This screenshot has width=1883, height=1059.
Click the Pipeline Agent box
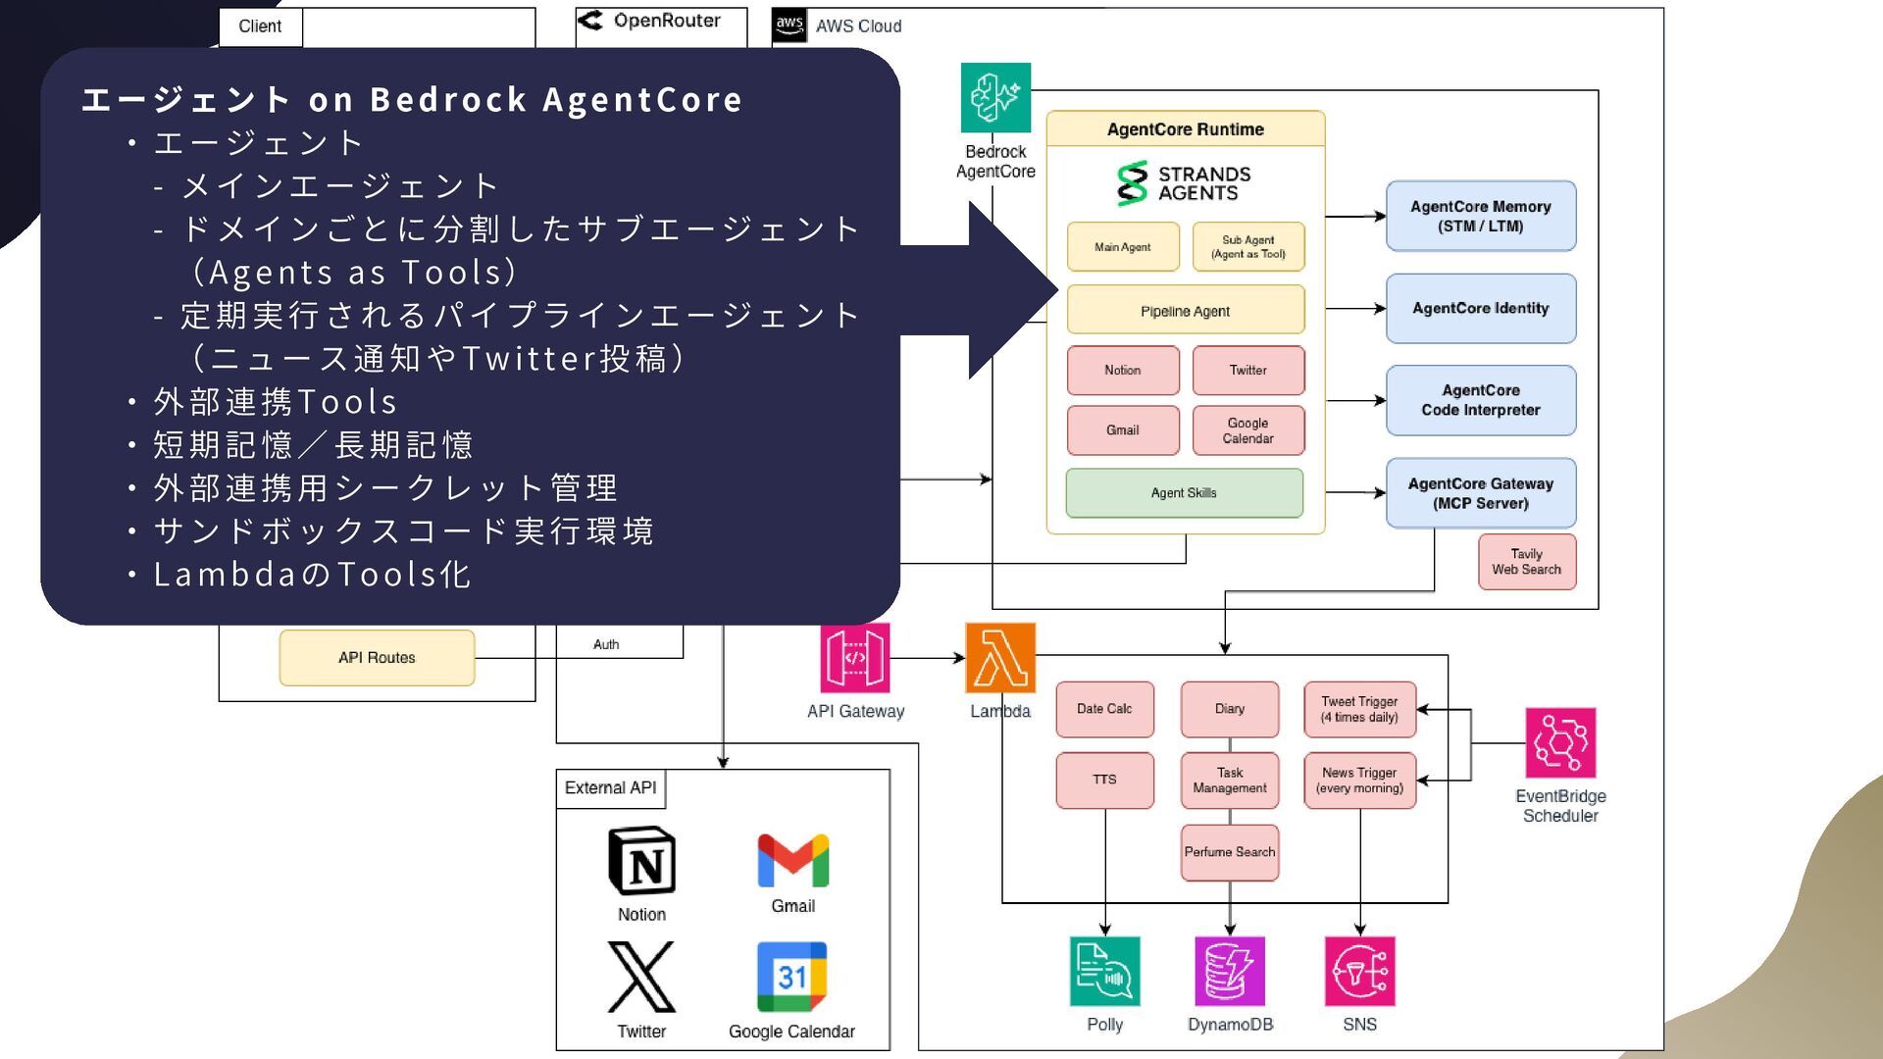pos(1185,310)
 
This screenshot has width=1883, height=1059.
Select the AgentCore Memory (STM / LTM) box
pos(1480,216)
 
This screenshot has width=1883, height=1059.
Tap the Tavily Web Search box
pos(1526,562)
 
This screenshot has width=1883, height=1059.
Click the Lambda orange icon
pos(999,658)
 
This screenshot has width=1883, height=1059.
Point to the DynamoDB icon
pos(1230,971)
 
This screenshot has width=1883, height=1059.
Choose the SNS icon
pos(1359,971)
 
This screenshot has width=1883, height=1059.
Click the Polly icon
pos(1104,971)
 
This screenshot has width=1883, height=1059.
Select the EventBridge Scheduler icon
pos(1559,742)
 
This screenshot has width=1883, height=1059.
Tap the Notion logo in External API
pos(641,861)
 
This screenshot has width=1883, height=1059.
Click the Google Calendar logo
pos(791,977)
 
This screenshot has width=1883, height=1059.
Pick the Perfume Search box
pos(1230,852)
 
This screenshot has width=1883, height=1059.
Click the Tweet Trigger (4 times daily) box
pos(1359,709)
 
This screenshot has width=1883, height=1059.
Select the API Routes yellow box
pos(377,658)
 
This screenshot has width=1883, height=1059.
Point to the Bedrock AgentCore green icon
pos(995,97)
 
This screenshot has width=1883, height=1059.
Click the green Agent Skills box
pos(1184,493)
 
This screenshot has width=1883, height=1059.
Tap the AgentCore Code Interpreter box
pos(1480,400)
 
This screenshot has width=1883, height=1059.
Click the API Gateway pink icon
pos(855,658)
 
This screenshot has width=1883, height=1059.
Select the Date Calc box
pos(1104,709)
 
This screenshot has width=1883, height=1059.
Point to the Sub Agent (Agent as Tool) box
pos(1247,246)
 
